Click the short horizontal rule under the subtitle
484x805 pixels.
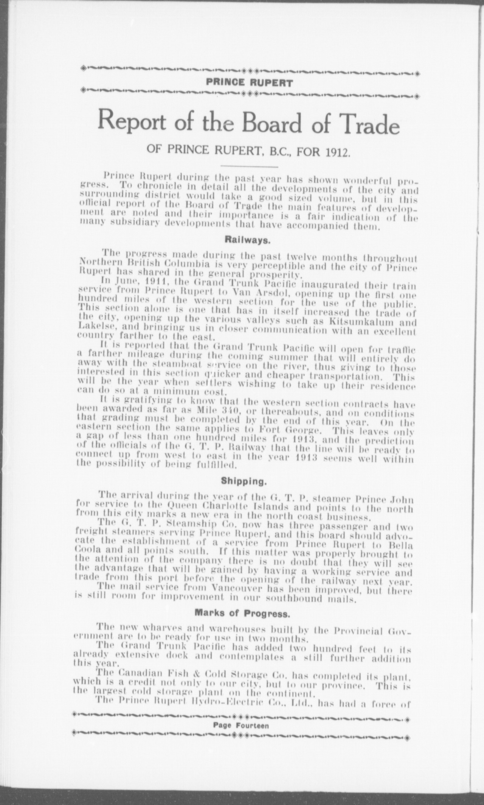(249, 167)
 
